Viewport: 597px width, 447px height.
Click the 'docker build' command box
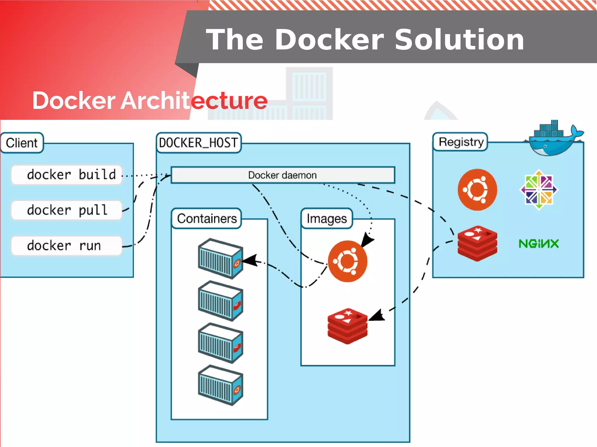coord(66,175)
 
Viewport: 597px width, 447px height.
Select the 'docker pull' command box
coord(66,210)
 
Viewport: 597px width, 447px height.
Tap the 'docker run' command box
coord(66,246)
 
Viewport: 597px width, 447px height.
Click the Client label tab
coord(22,143)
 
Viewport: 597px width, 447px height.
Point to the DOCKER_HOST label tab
coord(199,143)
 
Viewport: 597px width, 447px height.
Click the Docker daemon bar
coord(282,175)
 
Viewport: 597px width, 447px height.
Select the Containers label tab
coord(207,219)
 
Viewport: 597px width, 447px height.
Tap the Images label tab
coord(326,219)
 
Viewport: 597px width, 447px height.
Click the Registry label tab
coord(461,142)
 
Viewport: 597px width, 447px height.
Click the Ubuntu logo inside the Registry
coord(477,190)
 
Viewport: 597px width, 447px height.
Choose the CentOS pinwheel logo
coord(539,190)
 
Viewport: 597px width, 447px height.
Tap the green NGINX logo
coord(539,244)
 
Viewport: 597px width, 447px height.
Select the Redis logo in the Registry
coord(477,244)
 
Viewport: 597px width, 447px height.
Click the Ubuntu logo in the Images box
coord(347,261)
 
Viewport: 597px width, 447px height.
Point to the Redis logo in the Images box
coord(347,326)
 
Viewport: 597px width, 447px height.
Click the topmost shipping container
coord(220,259)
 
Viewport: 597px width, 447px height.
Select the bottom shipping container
coord(220,385)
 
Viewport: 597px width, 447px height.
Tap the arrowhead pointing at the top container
coord(250,260)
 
